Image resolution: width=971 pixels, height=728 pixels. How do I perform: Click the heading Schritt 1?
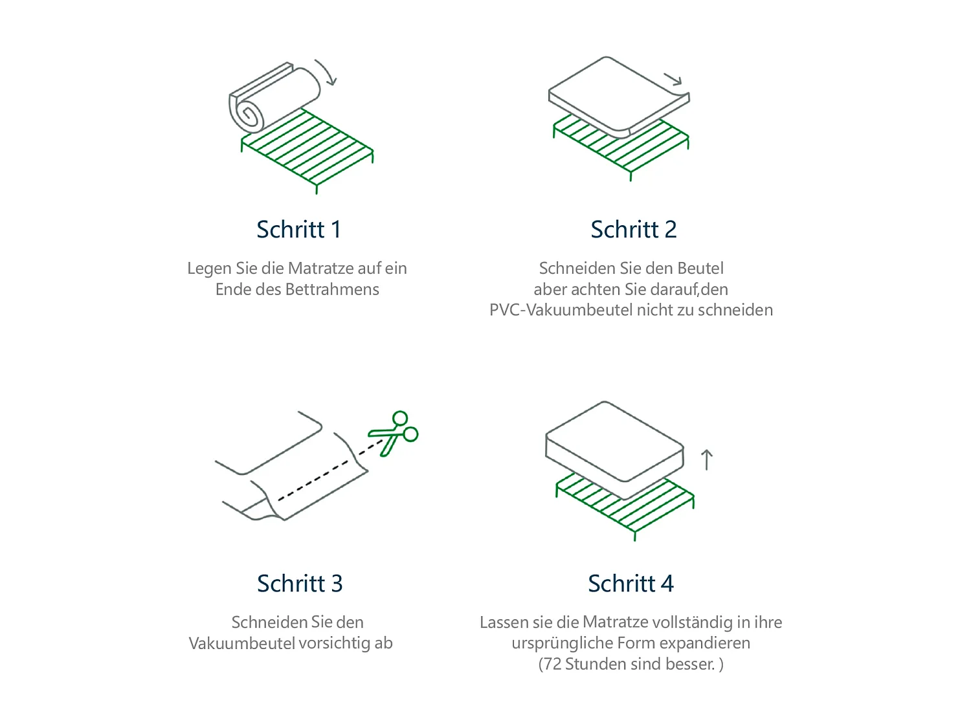coord(298,230)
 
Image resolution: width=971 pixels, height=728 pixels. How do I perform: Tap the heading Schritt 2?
coord(633,230)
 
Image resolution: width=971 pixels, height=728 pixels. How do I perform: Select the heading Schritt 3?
coord(299,584)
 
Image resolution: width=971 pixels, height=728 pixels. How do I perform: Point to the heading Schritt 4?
coord(631,584)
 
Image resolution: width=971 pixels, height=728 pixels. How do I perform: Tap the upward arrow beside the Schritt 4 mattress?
coord(706,460)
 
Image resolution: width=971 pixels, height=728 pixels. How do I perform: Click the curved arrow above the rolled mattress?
coord(326,72)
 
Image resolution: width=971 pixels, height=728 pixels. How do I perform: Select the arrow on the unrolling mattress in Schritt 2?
coord(673,80)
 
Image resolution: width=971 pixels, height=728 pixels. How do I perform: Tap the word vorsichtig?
coord(335,643)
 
